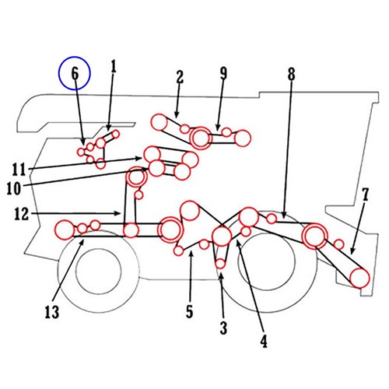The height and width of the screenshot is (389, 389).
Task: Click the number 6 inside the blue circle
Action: [75, 73]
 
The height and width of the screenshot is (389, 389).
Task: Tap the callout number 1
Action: [114, 66]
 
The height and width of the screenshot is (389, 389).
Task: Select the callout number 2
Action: [180, 76]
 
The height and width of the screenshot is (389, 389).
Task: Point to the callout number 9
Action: [223, 73]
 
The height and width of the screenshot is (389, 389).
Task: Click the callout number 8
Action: [292, 74]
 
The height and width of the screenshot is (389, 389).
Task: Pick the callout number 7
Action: [365, 194]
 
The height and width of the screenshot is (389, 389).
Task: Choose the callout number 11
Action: [19, 170]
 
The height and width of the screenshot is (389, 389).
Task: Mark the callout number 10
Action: [13, 188]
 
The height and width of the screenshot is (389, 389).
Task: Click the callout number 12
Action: [21, 214]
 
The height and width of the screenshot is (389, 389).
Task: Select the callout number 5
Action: [190, 311]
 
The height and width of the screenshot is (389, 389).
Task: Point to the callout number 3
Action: [223, 328]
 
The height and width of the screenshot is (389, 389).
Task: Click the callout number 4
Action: [264, 341]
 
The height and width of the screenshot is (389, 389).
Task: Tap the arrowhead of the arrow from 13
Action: [82, 241]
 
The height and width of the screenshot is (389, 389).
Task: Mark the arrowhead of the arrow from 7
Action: [351, 251]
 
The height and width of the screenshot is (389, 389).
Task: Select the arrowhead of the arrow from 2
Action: [177, 115]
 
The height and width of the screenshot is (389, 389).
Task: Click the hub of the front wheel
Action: [99, 270]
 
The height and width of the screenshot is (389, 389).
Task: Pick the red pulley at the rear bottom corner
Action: [359, 278]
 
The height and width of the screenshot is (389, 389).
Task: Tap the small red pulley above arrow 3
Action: [220, 264]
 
